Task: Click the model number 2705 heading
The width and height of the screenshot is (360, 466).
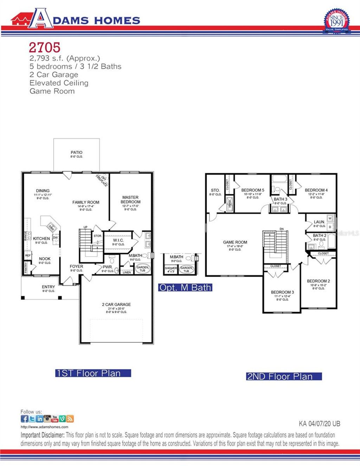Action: [45, 47]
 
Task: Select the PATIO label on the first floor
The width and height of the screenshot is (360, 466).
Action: [76, 153]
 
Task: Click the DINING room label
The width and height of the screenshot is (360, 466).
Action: [43, 191]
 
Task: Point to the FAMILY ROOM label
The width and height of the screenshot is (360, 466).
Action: [86, 202]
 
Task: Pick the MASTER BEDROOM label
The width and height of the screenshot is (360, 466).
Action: [130, 200]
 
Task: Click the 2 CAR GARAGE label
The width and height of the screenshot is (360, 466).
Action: [116, 305]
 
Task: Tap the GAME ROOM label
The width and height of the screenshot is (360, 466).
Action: [235, 242]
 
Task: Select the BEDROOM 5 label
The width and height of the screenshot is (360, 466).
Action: [253, 190]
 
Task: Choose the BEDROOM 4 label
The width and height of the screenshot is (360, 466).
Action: [316, 190]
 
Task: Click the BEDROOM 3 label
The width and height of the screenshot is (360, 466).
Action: [282, 292]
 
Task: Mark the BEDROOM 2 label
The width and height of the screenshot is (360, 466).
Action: [318, 281]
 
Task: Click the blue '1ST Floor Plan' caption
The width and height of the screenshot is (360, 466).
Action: [93, 373]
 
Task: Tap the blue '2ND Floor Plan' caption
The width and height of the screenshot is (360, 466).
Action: [284, 376]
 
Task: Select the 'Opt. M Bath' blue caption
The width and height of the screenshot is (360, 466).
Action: [185, 287]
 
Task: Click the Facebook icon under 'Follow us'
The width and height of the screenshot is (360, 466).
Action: [24, 419]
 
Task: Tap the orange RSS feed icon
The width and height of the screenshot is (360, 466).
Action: [70, 419]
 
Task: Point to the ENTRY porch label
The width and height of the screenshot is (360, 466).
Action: [49, 287]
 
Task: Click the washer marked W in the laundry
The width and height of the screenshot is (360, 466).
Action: [330, 218]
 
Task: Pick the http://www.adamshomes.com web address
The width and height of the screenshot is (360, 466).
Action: [44, 427]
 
